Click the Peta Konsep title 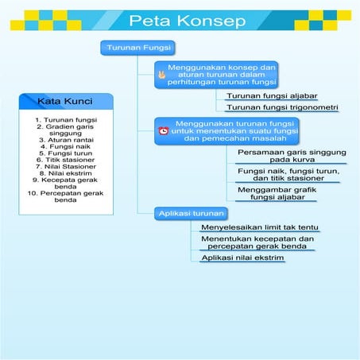click(187, 21)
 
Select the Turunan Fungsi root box click(133, 49)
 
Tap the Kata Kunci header click(65, 102)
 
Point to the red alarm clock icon click(163, 130)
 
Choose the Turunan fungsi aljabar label click(261, 95)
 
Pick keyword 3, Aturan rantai click(65, 139)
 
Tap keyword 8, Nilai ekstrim click(66, 172)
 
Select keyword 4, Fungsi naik click(66, 146)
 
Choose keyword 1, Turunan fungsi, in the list click(66, 120)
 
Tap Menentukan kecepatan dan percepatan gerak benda click(256, 242)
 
